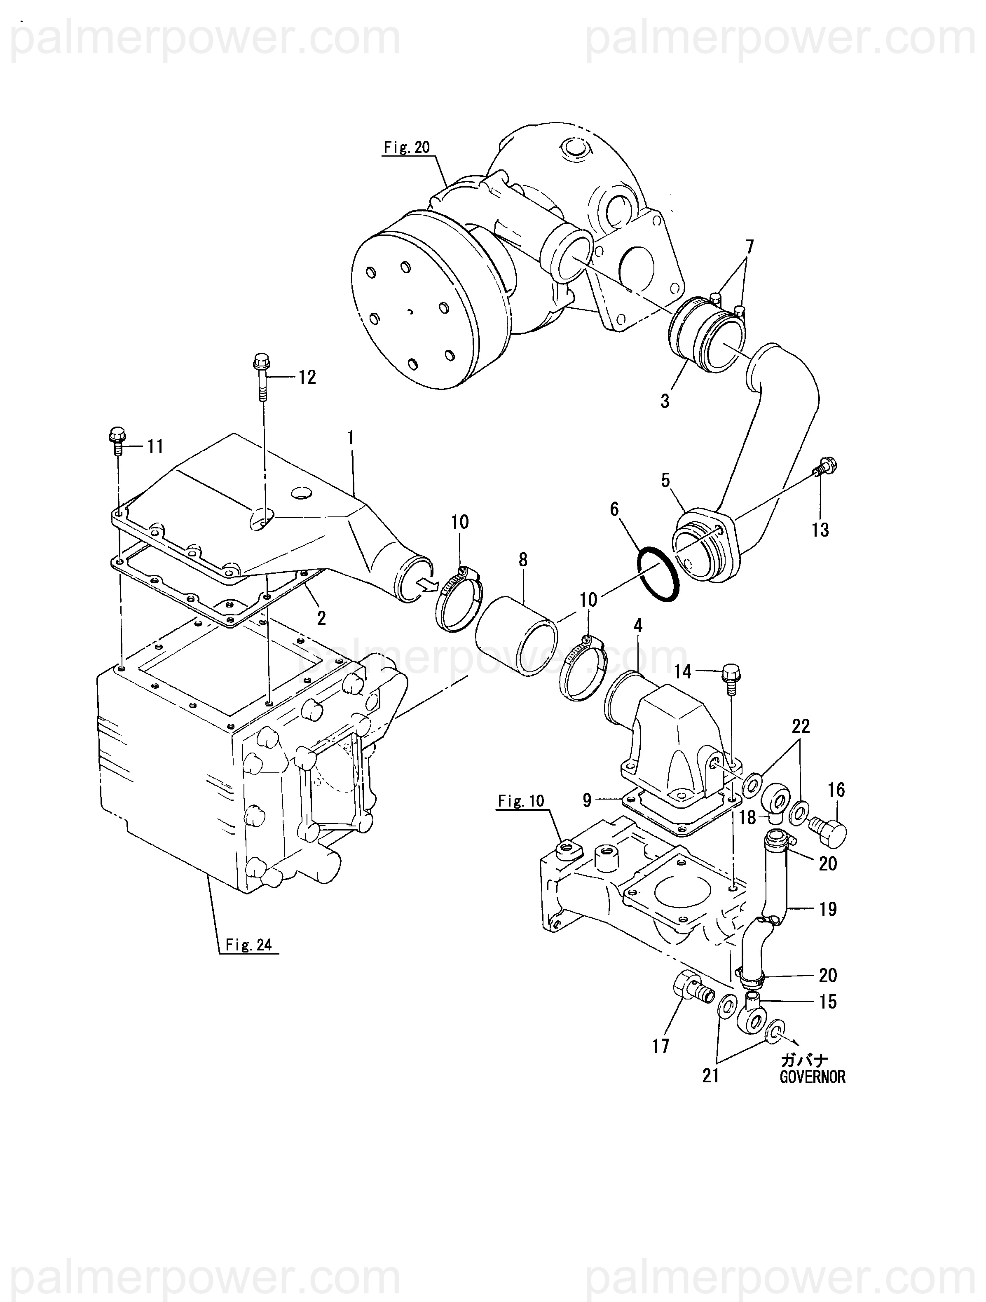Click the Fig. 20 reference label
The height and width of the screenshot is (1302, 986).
[x=407, y=147]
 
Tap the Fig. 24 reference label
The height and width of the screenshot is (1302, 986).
[x=249, y=945]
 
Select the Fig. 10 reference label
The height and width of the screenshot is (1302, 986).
[x=521, y=801]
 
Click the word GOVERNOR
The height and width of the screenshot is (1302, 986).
[x=813, y=1077]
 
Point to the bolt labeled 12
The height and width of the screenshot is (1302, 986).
[x=261, y=377]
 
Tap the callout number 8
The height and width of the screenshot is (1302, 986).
[x=523, y=559]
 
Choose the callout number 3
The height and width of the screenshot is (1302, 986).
[x=665, y=401]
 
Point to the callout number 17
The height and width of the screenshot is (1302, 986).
[x=660, y=1046]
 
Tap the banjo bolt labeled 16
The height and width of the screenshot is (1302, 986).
[x=829, y=831]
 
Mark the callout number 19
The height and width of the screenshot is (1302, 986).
[x=828, y=909]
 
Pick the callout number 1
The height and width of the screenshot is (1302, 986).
[x=351, y=438]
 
